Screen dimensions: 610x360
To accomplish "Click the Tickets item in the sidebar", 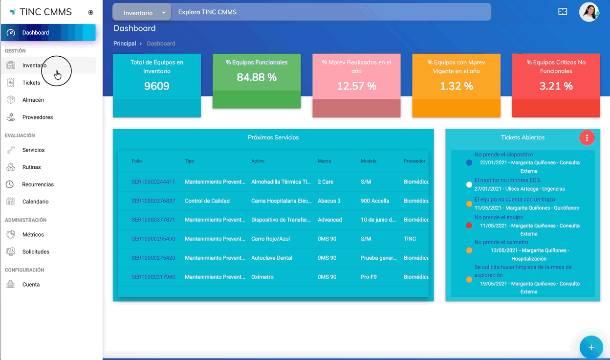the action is point(31,83).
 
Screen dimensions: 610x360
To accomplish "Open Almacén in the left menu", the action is point(33,100).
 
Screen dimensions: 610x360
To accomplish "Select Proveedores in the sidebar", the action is point(37,117).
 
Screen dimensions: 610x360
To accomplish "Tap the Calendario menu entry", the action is point(35,202).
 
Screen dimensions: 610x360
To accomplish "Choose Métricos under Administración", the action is point(33,234).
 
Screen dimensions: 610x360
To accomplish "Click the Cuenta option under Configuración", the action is point(31,285).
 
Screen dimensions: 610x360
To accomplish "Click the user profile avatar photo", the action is point(589,12).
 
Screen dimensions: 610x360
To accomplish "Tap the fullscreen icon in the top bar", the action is point(563,12).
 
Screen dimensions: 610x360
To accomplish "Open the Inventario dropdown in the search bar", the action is point(142,12).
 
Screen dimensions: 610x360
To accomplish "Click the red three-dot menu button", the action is point(587,137).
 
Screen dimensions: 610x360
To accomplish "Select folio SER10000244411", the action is point(153,182).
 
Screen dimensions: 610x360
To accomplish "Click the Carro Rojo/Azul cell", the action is point(270,239).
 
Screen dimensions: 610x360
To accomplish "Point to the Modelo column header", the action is point(369,161).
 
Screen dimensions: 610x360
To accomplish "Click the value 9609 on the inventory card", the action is point(156,86).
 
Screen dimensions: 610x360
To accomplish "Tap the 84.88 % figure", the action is point(257,77).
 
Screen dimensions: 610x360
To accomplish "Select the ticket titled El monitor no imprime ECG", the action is point(507,180).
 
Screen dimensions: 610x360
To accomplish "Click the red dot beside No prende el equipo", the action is point(469,225).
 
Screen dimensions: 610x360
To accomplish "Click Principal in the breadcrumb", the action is point(125,44).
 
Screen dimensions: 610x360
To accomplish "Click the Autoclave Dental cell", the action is point(271,258).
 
